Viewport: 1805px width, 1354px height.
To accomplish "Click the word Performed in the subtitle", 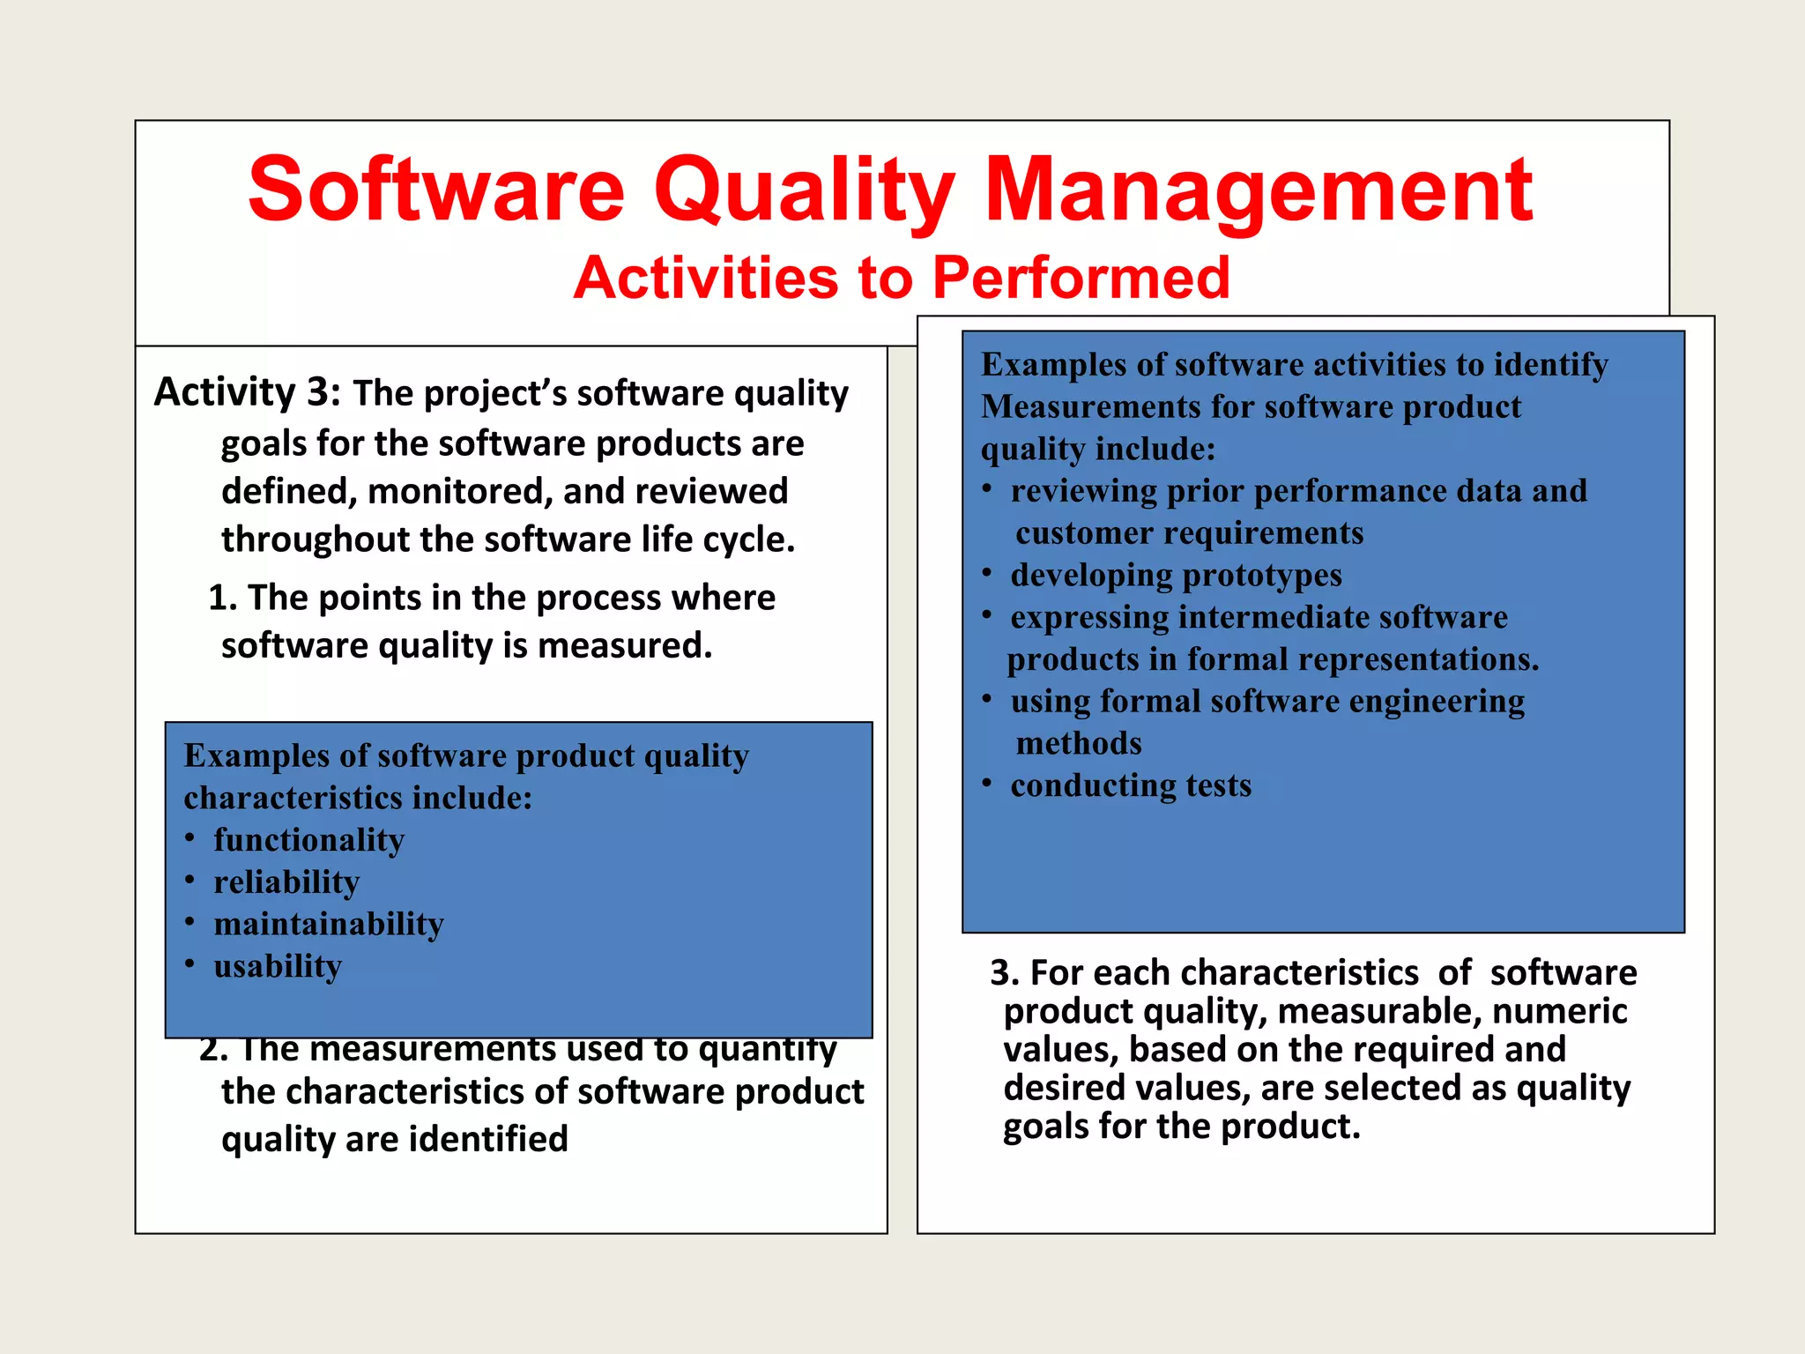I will click(1081, 278).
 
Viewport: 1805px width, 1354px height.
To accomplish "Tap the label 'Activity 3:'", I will click(247, 392).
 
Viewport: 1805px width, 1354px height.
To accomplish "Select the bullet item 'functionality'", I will click(308, 840).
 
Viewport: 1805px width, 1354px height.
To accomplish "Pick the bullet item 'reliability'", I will click(286, 882).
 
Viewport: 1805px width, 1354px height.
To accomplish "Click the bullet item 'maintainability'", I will click(328, 924).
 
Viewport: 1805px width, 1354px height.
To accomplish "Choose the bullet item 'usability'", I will click(277, 966).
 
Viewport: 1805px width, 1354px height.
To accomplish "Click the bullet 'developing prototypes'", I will click(1175, 576).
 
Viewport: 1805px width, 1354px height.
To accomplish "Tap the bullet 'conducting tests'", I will click(1130, 785).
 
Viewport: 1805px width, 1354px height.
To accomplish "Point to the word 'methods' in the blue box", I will click(1078, 743).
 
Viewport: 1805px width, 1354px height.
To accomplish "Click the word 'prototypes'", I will click(1262, 576).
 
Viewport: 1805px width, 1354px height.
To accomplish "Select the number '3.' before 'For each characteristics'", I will click(1005, 973).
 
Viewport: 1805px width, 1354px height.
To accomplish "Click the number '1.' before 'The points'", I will click(222, 599).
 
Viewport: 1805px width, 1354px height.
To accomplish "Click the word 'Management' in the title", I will click(1258, 190).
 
